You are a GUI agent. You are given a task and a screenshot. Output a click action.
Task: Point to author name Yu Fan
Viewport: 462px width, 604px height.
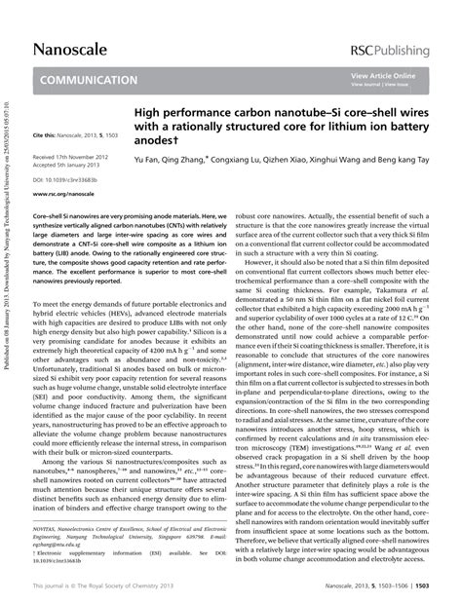point(149,158)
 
